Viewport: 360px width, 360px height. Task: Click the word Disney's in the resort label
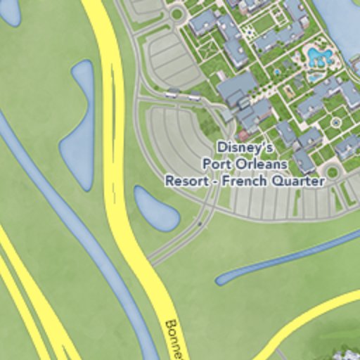point(244,148)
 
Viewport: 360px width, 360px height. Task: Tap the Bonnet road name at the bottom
point(174,340)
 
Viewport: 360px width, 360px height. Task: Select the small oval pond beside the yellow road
point(156,209)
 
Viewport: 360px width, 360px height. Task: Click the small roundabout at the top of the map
point(176,13)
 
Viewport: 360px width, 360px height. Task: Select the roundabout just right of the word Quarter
point(333,171)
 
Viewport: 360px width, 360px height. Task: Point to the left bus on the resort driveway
point(172,93)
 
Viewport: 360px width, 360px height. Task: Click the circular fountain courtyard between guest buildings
point(335,122)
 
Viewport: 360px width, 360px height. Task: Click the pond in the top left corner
point(9,10)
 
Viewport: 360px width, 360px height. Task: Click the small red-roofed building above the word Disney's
point(243,136)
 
